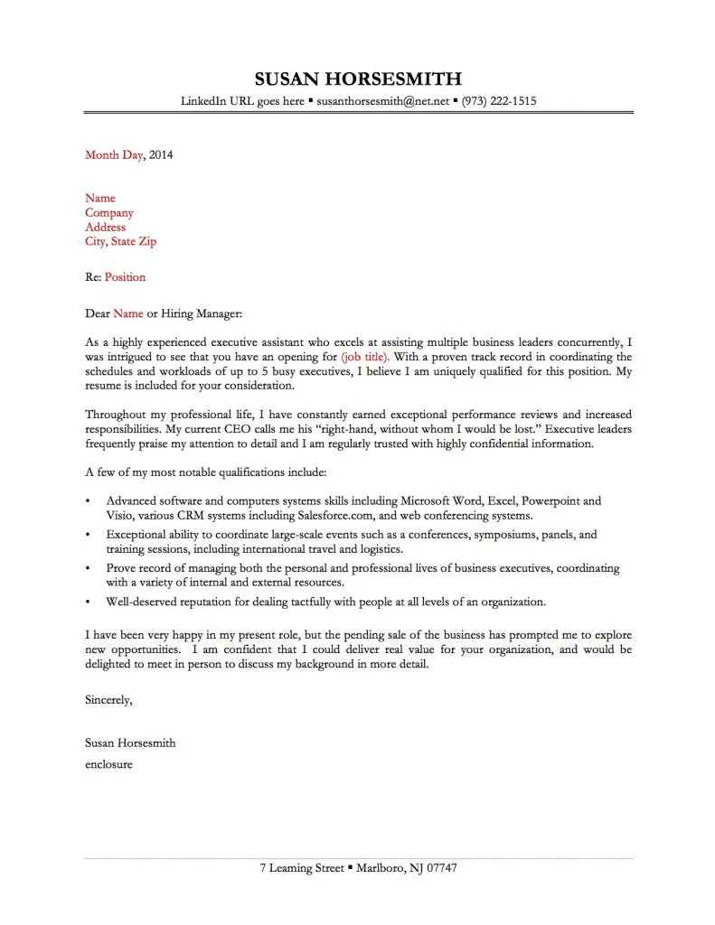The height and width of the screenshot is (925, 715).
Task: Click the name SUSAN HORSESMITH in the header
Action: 357,78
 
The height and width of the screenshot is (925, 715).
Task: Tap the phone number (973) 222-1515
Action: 498,101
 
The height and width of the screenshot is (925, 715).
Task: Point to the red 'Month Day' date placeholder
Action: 114,154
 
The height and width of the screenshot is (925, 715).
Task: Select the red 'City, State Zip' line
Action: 120,242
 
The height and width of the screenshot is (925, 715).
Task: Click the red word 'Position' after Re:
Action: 125,277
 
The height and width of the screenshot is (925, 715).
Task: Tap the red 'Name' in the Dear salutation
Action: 128,313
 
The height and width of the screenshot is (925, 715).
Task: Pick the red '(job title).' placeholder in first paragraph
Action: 365,357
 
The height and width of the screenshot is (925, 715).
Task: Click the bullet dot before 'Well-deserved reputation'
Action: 86,602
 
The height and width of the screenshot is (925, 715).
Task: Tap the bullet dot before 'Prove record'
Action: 86,568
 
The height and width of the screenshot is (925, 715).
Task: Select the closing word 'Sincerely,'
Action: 108,699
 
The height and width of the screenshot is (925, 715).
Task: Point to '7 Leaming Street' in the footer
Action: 301,868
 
